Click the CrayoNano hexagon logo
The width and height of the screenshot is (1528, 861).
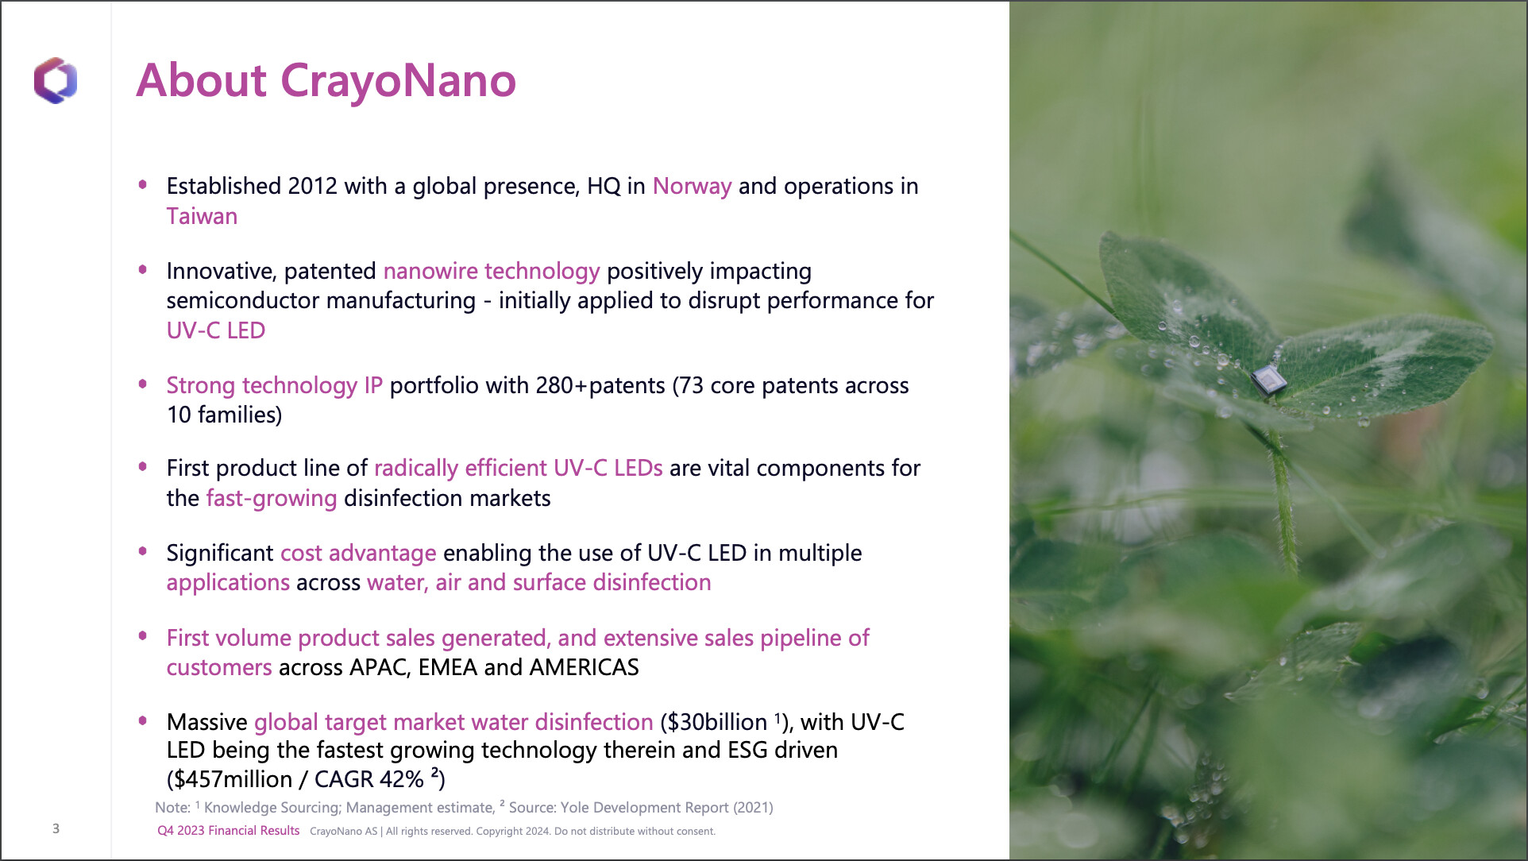click(56, 80)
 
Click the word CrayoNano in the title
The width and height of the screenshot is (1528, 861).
click(398, 80)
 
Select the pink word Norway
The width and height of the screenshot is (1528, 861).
click(692, 186)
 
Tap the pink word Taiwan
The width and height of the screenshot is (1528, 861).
click(202, 216)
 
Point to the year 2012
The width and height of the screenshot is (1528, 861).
click(313, 186)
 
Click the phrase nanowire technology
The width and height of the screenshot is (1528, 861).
click(492, 272)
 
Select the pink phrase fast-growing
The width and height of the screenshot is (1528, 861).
click(272, 499)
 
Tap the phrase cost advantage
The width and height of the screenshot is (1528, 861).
click(358, 553)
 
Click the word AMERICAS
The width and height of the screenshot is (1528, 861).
click(584, 667)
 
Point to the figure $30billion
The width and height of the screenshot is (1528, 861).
click(717, 722)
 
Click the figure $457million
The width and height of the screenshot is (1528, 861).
click(233, 779)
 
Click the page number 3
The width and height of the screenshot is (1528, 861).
click(56, 828)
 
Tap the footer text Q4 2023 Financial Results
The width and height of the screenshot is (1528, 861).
click(229, 831)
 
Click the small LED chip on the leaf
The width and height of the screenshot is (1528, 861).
click(1268, 380)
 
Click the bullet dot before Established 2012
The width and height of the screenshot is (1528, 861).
click(143, 185)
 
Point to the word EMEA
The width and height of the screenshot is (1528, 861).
click(448, 667)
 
